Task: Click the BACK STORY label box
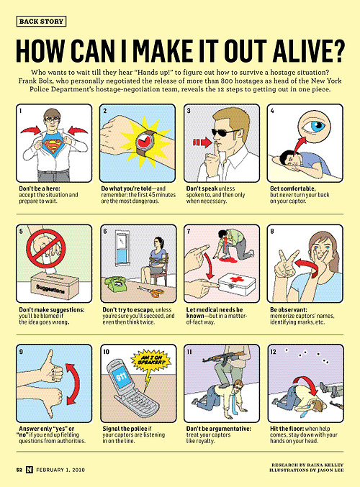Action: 41,22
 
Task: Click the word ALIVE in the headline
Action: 304,50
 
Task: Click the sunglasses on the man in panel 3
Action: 225,133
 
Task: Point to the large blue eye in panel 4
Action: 314,126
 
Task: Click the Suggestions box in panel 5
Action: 55,286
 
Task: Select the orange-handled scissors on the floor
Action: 151,291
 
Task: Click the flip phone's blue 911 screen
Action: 121,377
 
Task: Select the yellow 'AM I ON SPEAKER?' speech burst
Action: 150,360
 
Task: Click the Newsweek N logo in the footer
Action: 29,469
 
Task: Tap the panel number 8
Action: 272,231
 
